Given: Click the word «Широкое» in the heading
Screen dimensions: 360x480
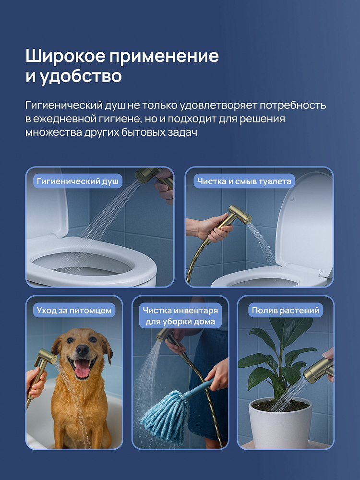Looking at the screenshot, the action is [x=65, y=56].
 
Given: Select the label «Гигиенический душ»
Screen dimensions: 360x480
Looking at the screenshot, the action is [x=78, y=181].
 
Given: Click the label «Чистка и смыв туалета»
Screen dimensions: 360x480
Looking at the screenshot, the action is [x=244, y=181].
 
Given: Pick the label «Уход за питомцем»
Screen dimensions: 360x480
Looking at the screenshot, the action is [x=74, y=310].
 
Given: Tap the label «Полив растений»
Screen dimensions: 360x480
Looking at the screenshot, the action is [x=285, y=310].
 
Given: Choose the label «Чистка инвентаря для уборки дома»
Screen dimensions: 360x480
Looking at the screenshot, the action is [x=180, y=316].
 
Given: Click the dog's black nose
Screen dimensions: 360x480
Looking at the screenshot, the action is [x=83, y=349].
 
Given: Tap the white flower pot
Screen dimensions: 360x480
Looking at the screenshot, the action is [x=280, y=423].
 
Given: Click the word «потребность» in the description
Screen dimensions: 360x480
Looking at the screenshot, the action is [x=293, y=105].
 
